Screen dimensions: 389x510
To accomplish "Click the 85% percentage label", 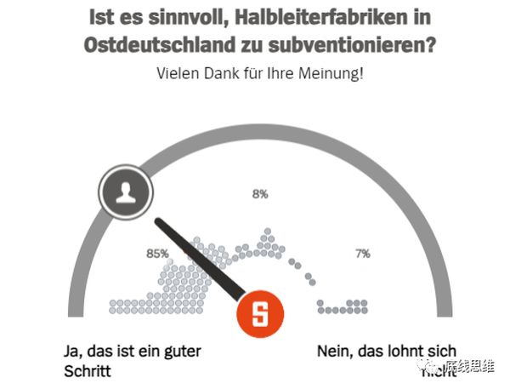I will pos(158,254).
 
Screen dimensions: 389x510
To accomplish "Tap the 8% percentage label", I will pos(260,194).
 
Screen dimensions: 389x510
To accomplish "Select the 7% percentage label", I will pos(363,254).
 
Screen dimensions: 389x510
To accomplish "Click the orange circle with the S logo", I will pos(259,314).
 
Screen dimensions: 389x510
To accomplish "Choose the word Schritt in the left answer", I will pos(88,371).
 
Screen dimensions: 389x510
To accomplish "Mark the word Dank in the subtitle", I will pos(224,73).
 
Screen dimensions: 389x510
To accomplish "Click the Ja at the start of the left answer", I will pos(73,350).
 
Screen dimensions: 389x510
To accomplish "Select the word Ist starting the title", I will pos(99,15).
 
